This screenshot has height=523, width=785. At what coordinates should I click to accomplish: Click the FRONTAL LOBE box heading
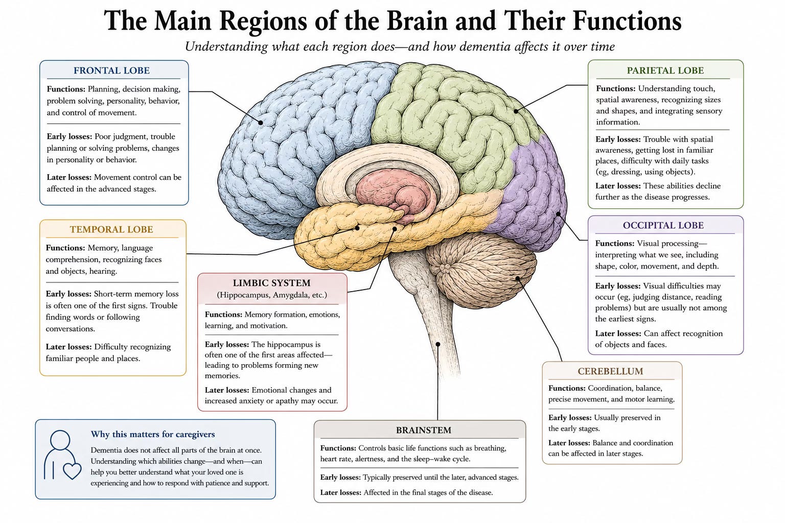(x=111, y=70)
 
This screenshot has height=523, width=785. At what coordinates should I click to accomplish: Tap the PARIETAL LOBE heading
(x=665, y=70)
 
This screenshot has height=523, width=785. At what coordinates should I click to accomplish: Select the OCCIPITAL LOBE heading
(x=663, y=225)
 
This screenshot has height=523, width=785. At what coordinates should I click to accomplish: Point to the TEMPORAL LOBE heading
(x=111, y=229)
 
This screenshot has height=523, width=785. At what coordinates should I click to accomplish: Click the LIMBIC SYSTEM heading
(x=271, y=283)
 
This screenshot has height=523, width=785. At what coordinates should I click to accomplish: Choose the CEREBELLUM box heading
(x=611, y=371)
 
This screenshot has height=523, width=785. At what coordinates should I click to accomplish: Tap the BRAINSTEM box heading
(x=424, y=430)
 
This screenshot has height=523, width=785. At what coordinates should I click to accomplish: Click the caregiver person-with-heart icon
(x=62, y=455)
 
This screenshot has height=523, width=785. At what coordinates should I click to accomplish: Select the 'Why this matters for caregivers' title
(x=153, y=434)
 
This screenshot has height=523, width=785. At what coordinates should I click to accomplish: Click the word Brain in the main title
(x=417, y=21)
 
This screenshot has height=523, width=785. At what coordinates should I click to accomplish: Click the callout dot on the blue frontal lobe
(x=260, y=123)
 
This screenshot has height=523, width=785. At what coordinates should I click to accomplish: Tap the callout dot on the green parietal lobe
(x=516, y=111)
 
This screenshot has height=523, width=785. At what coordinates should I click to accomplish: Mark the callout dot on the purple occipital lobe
(x=558, y=213)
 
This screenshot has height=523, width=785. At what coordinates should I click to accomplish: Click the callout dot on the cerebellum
(x=518, y=278)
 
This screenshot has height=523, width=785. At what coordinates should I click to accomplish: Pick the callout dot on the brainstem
(x=438, y=344)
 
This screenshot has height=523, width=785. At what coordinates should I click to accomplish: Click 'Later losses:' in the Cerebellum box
(x=569, y=443)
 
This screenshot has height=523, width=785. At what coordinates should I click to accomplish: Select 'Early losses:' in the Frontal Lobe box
(x=70, y=136)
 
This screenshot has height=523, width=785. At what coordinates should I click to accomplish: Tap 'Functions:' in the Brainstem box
(x=338, y=448)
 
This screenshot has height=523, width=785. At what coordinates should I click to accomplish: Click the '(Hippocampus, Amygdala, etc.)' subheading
(x=271, y=295)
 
